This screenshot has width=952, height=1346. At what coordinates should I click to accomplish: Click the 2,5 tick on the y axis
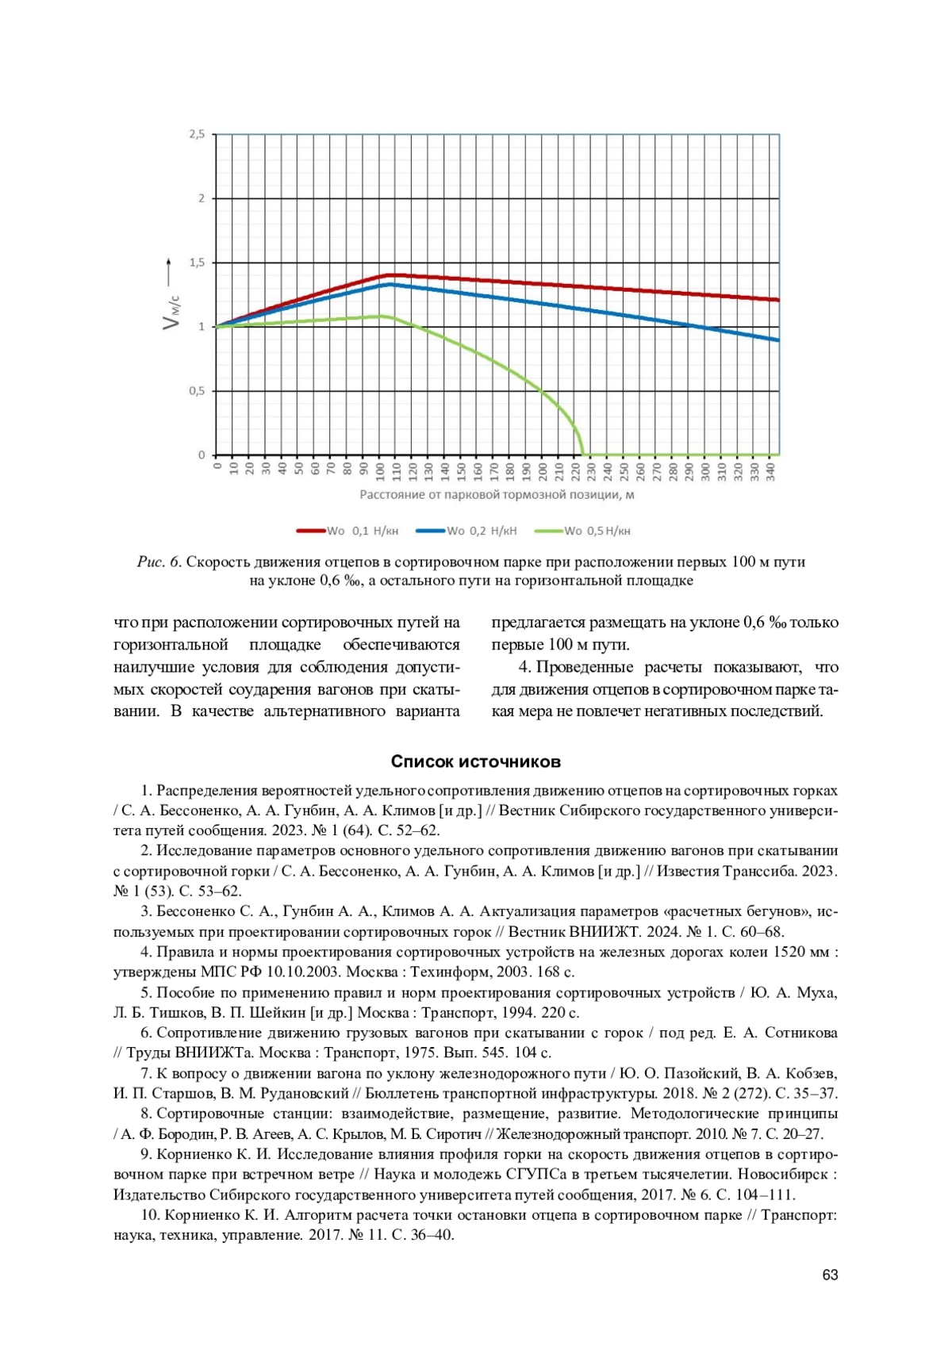click(197, 135)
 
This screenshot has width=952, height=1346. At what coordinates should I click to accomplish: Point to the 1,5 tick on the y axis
click(197, 263)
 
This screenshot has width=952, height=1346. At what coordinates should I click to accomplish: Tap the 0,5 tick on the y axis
click(197, 391)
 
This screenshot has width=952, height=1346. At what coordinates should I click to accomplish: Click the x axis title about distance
click(497, 495)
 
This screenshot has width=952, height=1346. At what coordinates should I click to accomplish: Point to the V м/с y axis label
click(171, 312)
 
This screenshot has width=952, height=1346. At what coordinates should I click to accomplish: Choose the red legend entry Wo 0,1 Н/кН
click(347, 531)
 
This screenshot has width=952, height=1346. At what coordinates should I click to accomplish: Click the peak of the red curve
click(389, 274)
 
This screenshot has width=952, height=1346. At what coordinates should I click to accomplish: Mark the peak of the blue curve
click(390, 284)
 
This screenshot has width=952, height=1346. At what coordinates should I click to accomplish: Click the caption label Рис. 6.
click(159, 562)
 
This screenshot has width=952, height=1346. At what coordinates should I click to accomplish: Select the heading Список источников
click(475, 762)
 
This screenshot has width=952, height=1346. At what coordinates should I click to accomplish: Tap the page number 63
click(830, 1275)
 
